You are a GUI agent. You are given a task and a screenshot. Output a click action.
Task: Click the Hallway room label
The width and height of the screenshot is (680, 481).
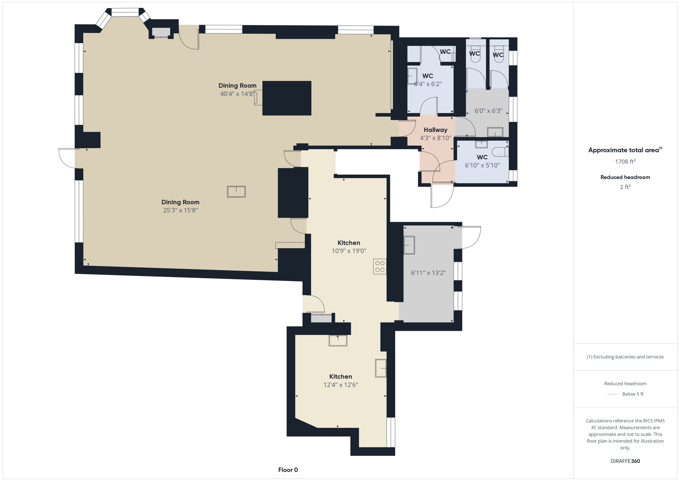click(x=435, y=130)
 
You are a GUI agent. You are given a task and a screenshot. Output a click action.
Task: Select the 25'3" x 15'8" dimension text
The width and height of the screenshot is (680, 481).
click(x=180, y=210)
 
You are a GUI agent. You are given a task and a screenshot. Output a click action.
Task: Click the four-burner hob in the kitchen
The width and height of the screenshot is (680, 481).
click(x=380, y=266)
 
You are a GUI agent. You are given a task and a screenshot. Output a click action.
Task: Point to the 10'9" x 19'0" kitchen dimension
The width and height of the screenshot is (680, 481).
click(x=349, y=251)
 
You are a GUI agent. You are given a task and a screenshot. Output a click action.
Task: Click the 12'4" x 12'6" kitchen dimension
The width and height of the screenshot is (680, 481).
click(x=341, y=385)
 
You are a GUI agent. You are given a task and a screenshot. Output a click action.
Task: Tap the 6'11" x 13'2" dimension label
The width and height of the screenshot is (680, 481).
click(x=428, y=273)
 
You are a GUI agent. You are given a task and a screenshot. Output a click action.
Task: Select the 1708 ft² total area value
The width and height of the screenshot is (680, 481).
click(x=625, y=161)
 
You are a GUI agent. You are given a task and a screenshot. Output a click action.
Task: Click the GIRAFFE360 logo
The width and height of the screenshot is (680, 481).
click(x=625, y=461)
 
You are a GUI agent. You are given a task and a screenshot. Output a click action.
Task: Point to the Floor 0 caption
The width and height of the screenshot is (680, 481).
click(x=288, y=470)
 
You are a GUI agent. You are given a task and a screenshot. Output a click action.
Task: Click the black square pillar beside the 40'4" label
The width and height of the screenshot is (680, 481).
click(x=287, y=98)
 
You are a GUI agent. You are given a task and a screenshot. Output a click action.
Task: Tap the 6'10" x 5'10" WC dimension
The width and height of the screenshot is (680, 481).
click(x=482, y=165)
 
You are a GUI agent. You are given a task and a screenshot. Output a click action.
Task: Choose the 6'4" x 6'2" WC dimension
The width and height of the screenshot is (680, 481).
click(x=428, y=84)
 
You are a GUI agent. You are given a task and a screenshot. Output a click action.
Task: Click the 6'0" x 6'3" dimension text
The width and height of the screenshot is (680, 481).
click(x=488, y=111)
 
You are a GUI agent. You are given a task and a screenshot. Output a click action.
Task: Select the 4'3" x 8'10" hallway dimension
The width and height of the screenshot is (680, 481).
click(x=435, y=138)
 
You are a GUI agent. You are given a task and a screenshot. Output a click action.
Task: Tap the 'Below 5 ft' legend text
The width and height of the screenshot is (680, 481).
click(x=633, y=394)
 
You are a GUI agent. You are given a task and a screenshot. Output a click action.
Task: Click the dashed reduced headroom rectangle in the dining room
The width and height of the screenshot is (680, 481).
click(x=290, y=245)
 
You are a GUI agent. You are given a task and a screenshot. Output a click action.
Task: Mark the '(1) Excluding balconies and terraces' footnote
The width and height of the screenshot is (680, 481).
click(x=625, y=357)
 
